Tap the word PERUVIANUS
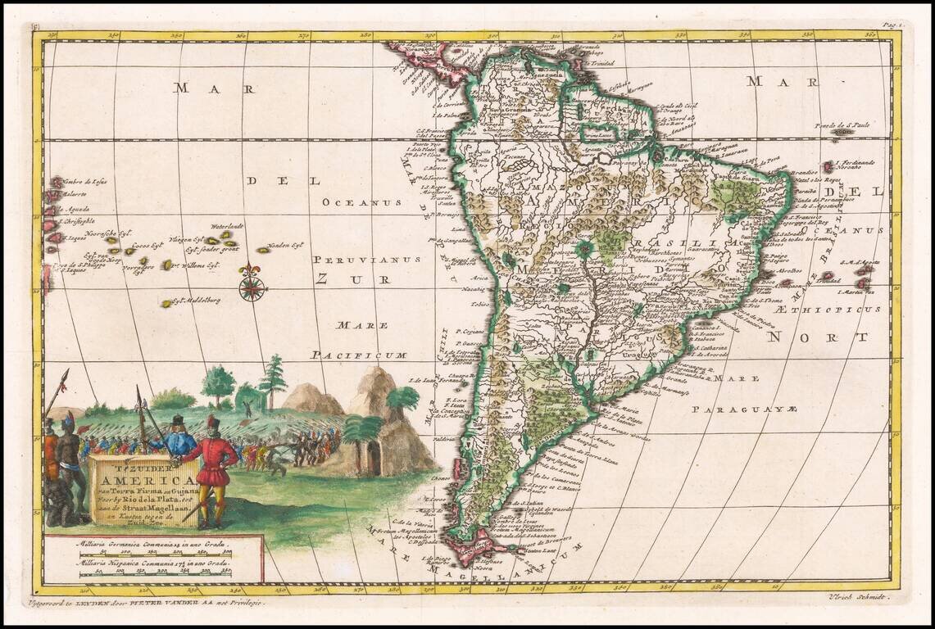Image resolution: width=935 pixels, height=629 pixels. (x=366, y=259)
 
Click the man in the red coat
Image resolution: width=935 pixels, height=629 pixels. (x=215, y=471)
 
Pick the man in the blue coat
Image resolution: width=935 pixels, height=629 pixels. (x=179, y=439)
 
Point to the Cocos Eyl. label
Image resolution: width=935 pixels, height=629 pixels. (x=148, y=244)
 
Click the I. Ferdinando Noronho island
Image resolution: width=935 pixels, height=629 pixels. (x=828, y=166)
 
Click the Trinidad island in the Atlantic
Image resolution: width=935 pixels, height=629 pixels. (x=828, y=276)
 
